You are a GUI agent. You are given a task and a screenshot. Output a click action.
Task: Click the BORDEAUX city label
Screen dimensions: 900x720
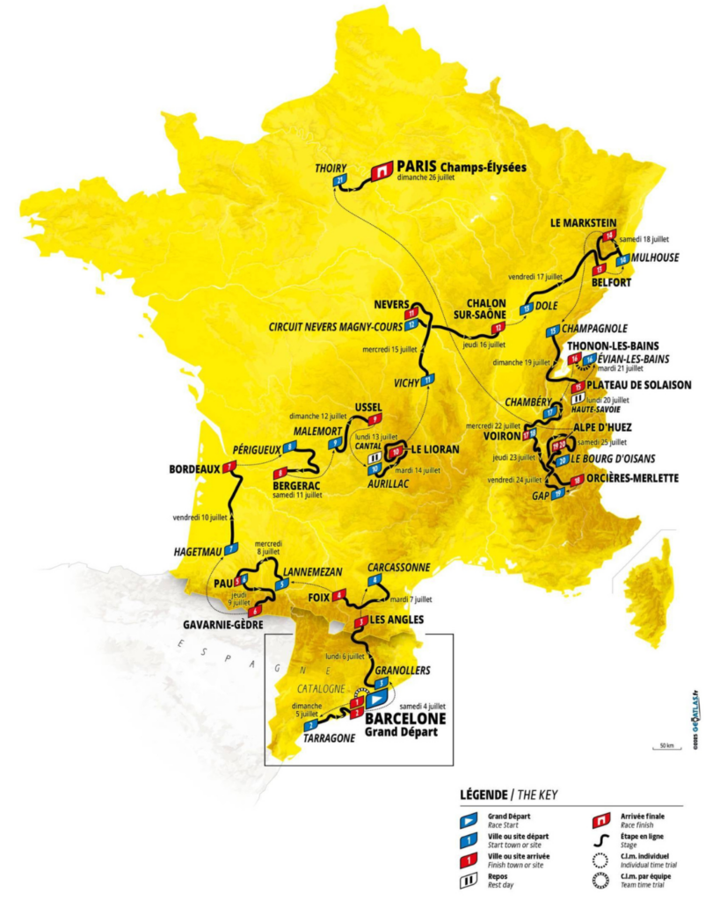pyautogui.click(x=193, y=469)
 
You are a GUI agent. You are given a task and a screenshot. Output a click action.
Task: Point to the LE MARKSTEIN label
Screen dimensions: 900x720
pyautogui.click(x=582, y=222)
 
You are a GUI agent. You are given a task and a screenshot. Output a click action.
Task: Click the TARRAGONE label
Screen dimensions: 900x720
pyautogui.click(x=329, y=738)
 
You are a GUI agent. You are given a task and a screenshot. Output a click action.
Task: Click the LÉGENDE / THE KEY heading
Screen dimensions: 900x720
pyautogui.click(x=508, y=795)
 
